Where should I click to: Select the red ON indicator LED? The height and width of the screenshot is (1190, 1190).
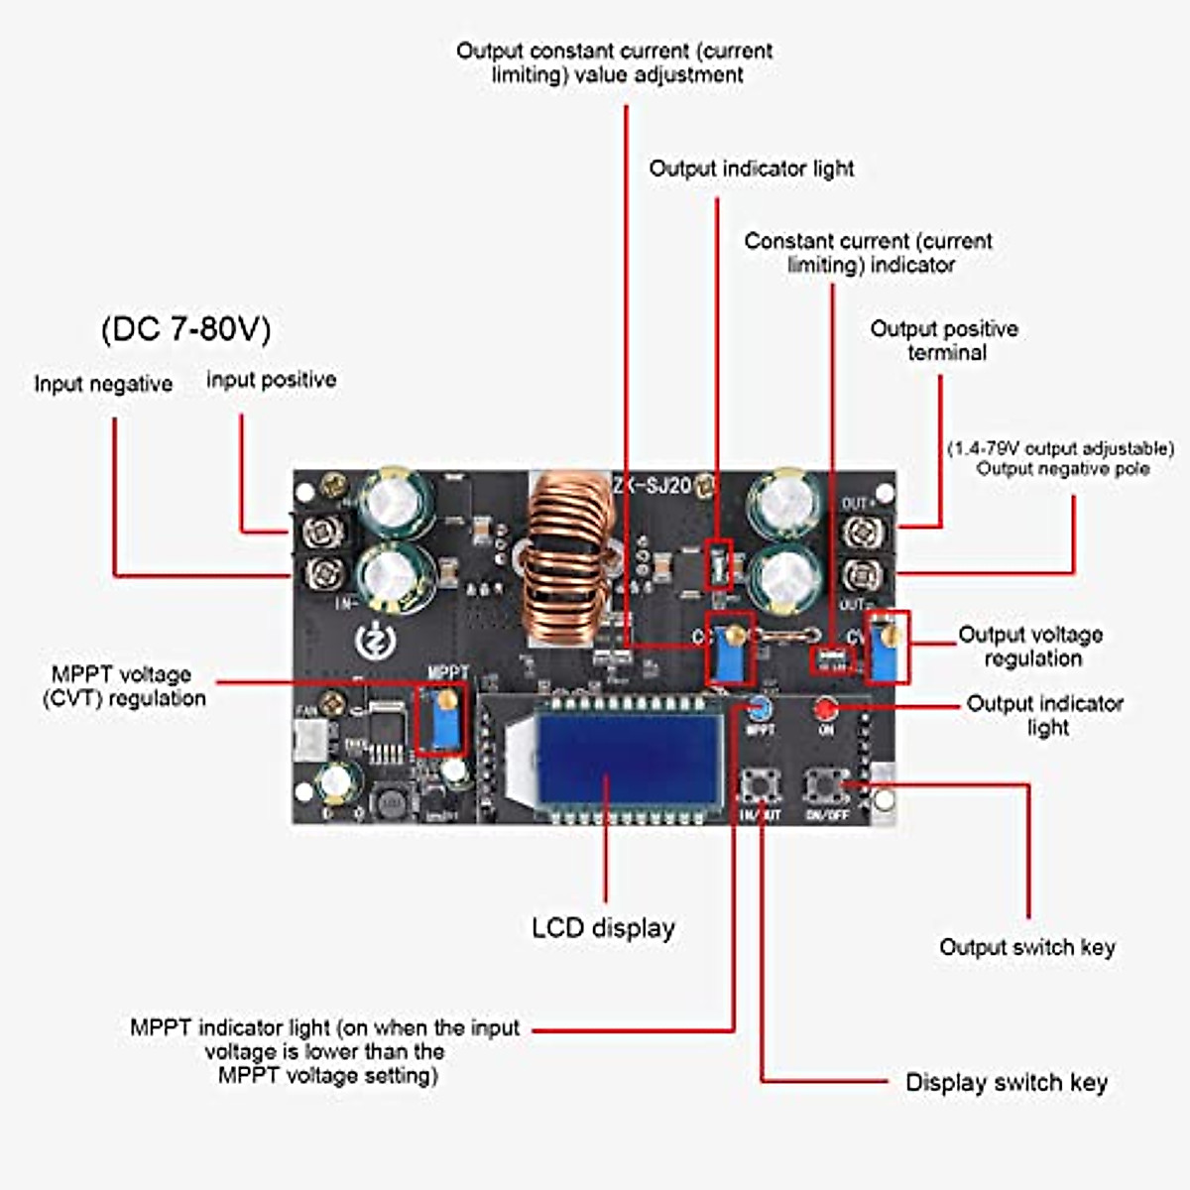pyautogui.click(x=825, y=708)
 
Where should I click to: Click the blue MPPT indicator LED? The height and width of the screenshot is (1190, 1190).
pyautogui.click(x=759, y=708)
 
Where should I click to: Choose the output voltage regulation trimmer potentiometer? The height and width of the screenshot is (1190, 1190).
pyautogui.click(x=888, y=648)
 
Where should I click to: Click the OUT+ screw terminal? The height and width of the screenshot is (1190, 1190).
pyautogui.click(x=859, y=533)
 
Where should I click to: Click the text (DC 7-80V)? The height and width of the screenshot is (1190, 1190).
pyautogui.click(x=185, y=329)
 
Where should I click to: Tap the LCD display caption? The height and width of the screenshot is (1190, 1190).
pyautogui.click(x=603, y=928)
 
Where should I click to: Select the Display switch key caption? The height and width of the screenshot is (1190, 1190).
pyautogui.click(x=1006, y=1082)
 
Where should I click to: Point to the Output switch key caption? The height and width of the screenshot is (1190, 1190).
pyautogui.click(x=1027, y=947)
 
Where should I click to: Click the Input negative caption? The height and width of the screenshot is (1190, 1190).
pyautogui.click(x=103, y=384)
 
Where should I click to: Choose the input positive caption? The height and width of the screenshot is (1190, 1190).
pyautogui.click(x=271, y=380)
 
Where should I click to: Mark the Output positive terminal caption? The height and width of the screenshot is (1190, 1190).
pyautogui.click(x=944, y=340)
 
